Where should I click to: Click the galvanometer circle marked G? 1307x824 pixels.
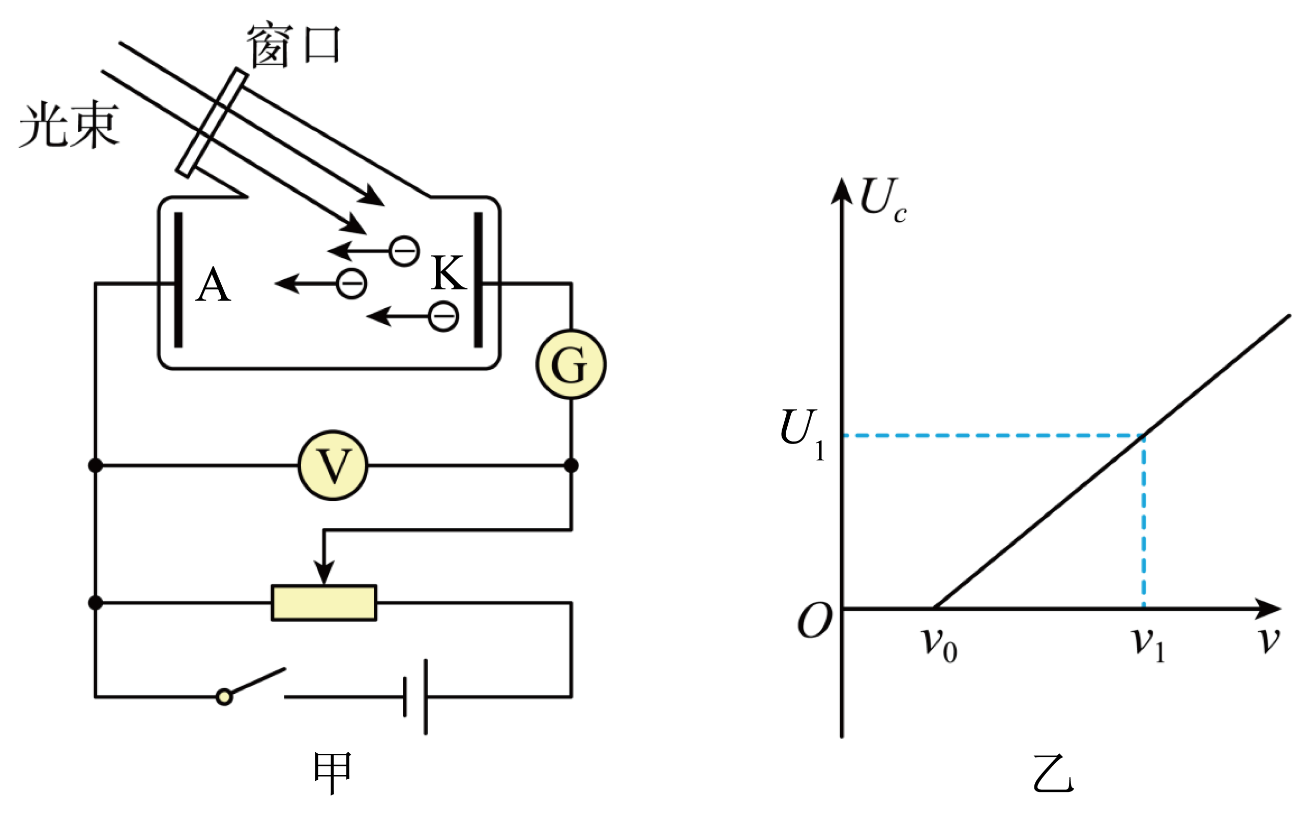[x=571, y=364]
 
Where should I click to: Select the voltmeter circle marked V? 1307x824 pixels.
[x=333, y=465]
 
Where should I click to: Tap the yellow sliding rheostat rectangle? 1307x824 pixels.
[x=324, y=603]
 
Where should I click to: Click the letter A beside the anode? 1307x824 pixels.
[x=213, y=285]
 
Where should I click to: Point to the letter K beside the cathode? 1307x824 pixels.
[x=449, y=273]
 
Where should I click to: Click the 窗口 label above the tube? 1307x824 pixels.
[x=293, y=46]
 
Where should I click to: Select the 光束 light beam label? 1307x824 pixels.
[x=69, y=124]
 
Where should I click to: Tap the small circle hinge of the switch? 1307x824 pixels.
[x=224, y=696]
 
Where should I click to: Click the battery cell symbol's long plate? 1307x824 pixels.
[x=426, y=697]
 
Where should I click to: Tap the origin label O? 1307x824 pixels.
[x=815, y=620]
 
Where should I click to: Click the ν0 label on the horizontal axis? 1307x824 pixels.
[x=939, y=645]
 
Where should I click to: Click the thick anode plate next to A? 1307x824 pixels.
[x=178, y=280]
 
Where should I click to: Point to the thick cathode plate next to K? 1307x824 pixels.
[x=478, y=280]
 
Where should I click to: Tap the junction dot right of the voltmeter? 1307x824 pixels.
[x=571, y=465]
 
